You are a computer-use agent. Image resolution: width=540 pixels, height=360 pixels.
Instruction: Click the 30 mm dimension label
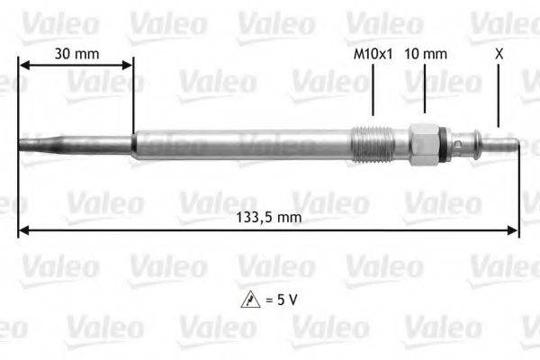(76, 53)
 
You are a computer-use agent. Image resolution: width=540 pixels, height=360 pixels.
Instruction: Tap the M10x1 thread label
(373, 53)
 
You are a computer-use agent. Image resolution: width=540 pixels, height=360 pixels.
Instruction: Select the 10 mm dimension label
(426, 53)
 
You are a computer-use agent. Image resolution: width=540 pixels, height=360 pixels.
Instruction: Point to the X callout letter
(499, 53)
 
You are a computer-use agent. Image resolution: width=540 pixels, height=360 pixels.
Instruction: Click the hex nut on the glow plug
(422, 143)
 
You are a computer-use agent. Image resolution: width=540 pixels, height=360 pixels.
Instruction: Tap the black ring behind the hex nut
(444, 143)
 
